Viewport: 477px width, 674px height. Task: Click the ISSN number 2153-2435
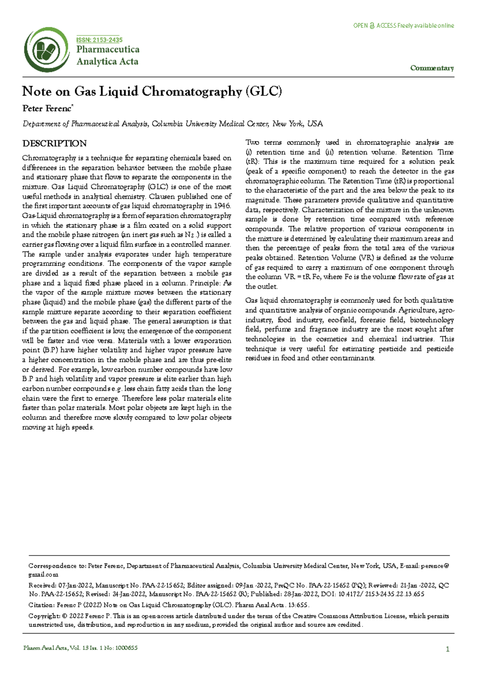[x=99, y=40]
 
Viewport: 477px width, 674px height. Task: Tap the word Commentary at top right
[x=432, y=68]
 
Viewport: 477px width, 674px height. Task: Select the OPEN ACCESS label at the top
[x=403, y=26]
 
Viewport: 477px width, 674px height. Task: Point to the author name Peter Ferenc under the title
[x=47, y=108]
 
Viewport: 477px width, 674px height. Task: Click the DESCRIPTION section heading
[x=54, y=143]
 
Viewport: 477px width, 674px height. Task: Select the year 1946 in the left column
[x=222, y=206]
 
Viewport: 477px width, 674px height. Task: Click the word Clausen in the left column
[x=162, y=196]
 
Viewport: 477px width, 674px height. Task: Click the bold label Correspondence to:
[x=57, y=566]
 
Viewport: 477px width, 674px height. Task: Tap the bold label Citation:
[x=41, y=605]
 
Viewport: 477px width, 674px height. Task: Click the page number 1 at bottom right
[x=448, y=649]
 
